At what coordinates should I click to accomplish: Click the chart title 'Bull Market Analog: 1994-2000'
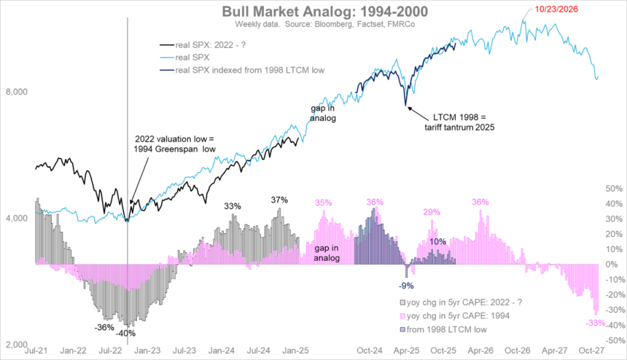tap(313, 12)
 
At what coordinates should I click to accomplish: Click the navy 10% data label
tap(436, 241)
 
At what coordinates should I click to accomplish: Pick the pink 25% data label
tap(432, 212)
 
